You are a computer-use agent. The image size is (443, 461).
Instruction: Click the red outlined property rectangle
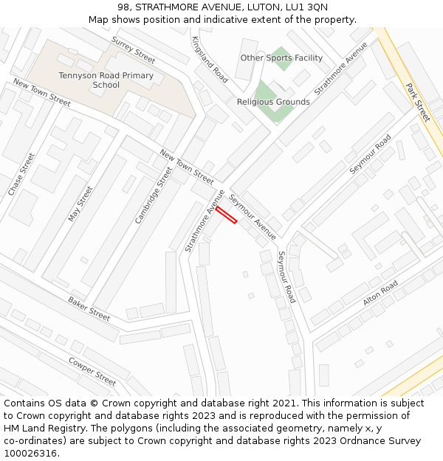pyautogui.click(x=226, y=214)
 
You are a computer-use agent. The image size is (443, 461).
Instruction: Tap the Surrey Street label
pyautogui.click(x=134, y=49)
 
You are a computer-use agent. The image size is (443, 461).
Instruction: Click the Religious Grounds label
pyautogui.click(x=273, y=102)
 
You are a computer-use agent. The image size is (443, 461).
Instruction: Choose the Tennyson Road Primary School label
pyautogui.click(x=106, y=80)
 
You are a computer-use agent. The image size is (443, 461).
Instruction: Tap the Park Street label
pyautogui.click(x=418, y=102)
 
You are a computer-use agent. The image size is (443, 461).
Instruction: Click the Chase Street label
pyautogui.click(x=21, y=174)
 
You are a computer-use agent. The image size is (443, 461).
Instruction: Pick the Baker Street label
pyautogui.click(x=89, y=308)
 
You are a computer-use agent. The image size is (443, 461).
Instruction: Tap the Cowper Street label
pyautogui.click(x=92, y=371)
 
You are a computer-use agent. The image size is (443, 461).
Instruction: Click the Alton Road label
pyautogui.click(x=380, y=294)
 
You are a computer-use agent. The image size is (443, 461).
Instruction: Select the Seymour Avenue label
pyautogui.click(x=252, y=217)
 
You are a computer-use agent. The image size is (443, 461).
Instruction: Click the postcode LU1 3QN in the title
pyautogui.click(x=307, y=7)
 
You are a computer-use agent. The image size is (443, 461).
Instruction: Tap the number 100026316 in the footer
pyautogui.click(x=30, y=454)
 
